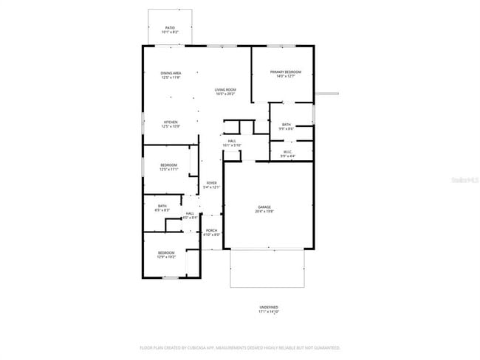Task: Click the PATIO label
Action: pos(171,28)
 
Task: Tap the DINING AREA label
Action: pos(171,72)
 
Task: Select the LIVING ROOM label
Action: pos(225,89)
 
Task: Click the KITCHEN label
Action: pos(171,122)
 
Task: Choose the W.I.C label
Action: pos(287,152)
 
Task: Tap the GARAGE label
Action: pos(264,207)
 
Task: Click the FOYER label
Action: pos(211,183)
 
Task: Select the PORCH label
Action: pos(211,231)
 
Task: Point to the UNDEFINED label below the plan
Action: pos(268,307)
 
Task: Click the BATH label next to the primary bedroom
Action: pos(287,125)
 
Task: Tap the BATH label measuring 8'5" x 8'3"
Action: pos(162,206)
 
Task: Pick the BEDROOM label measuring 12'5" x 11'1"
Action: pos(169,165)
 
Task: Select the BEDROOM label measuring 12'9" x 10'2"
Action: pos(166,253)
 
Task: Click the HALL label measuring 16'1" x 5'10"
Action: pos(232,141)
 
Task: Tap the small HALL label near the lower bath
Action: pos(190,213)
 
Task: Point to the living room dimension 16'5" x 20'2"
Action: pos(225,94)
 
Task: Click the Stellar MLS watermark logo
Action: pos(463,179)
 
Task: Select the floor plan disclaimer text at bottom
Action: pos(239,347)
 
